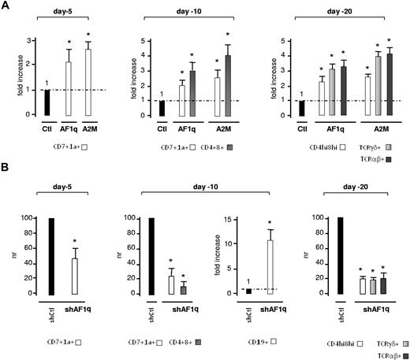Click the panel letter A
point(6,6)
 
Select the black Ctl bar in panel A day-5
point(45,102)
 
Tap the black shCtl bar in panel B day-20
point(321,255)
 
